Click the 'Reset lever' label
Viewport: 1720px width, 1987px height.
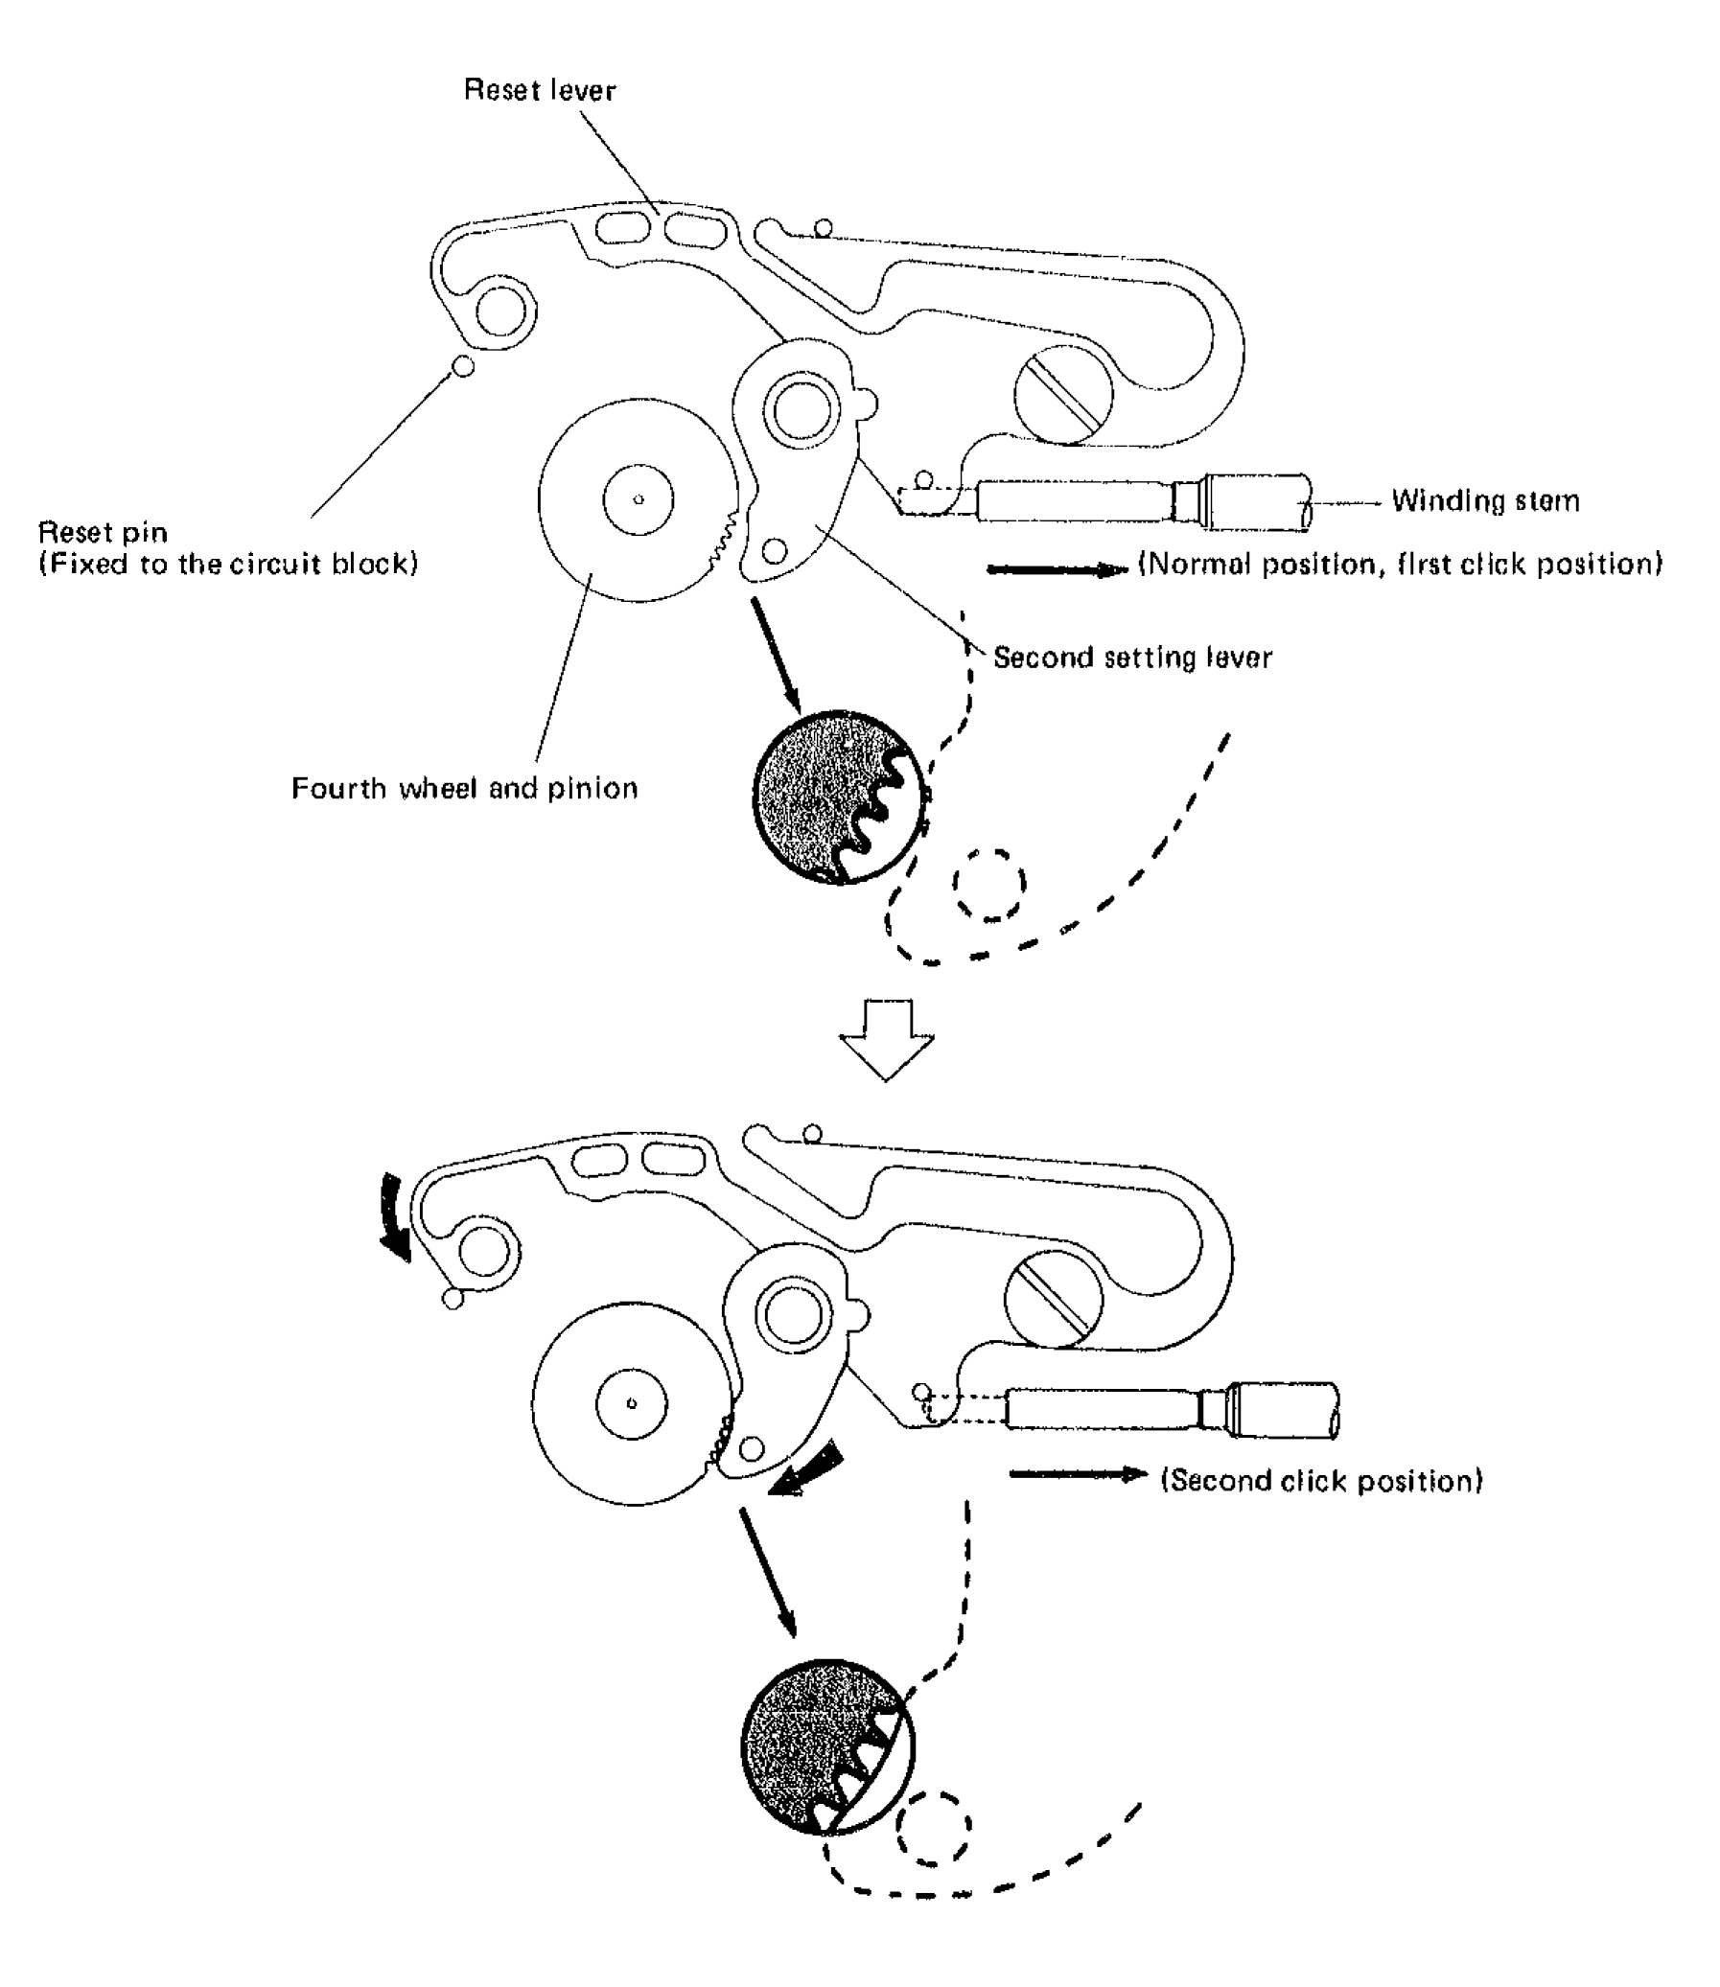[x=540, y=90]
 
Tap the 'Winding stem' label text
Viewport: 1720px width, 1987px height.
[x=1485, y=501]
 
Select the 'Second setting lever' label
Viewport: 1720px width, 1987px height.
[x=1131, y=658]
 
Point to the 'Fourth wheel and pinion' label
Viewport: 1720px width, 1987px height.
[x=465, y=789]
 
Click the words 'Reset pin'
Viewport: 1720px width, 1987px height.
[x=103, y=533]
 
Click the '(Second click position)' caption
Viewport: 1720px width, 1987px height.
[x=1322, y=1480]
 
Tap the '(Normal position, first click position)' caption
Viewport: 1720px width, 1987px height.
[x=1401, y=565]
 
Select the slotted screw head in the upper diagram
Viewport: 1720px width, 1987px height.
[x=1063, y=394]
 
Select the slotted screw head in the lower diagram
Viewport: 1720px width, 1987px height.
[x=1053, y=1299]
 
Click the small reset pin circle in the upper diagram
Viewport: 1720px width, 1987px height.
[x=463, y=365]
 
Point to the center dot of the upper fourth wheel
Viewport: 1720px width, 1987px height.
[x=639, y=499]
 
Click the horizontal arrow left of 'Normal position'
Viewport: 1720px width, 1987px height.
[x=1057, y=570]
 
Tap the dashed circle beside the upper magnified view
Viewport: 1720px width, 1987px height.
[x=988, y=885]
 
